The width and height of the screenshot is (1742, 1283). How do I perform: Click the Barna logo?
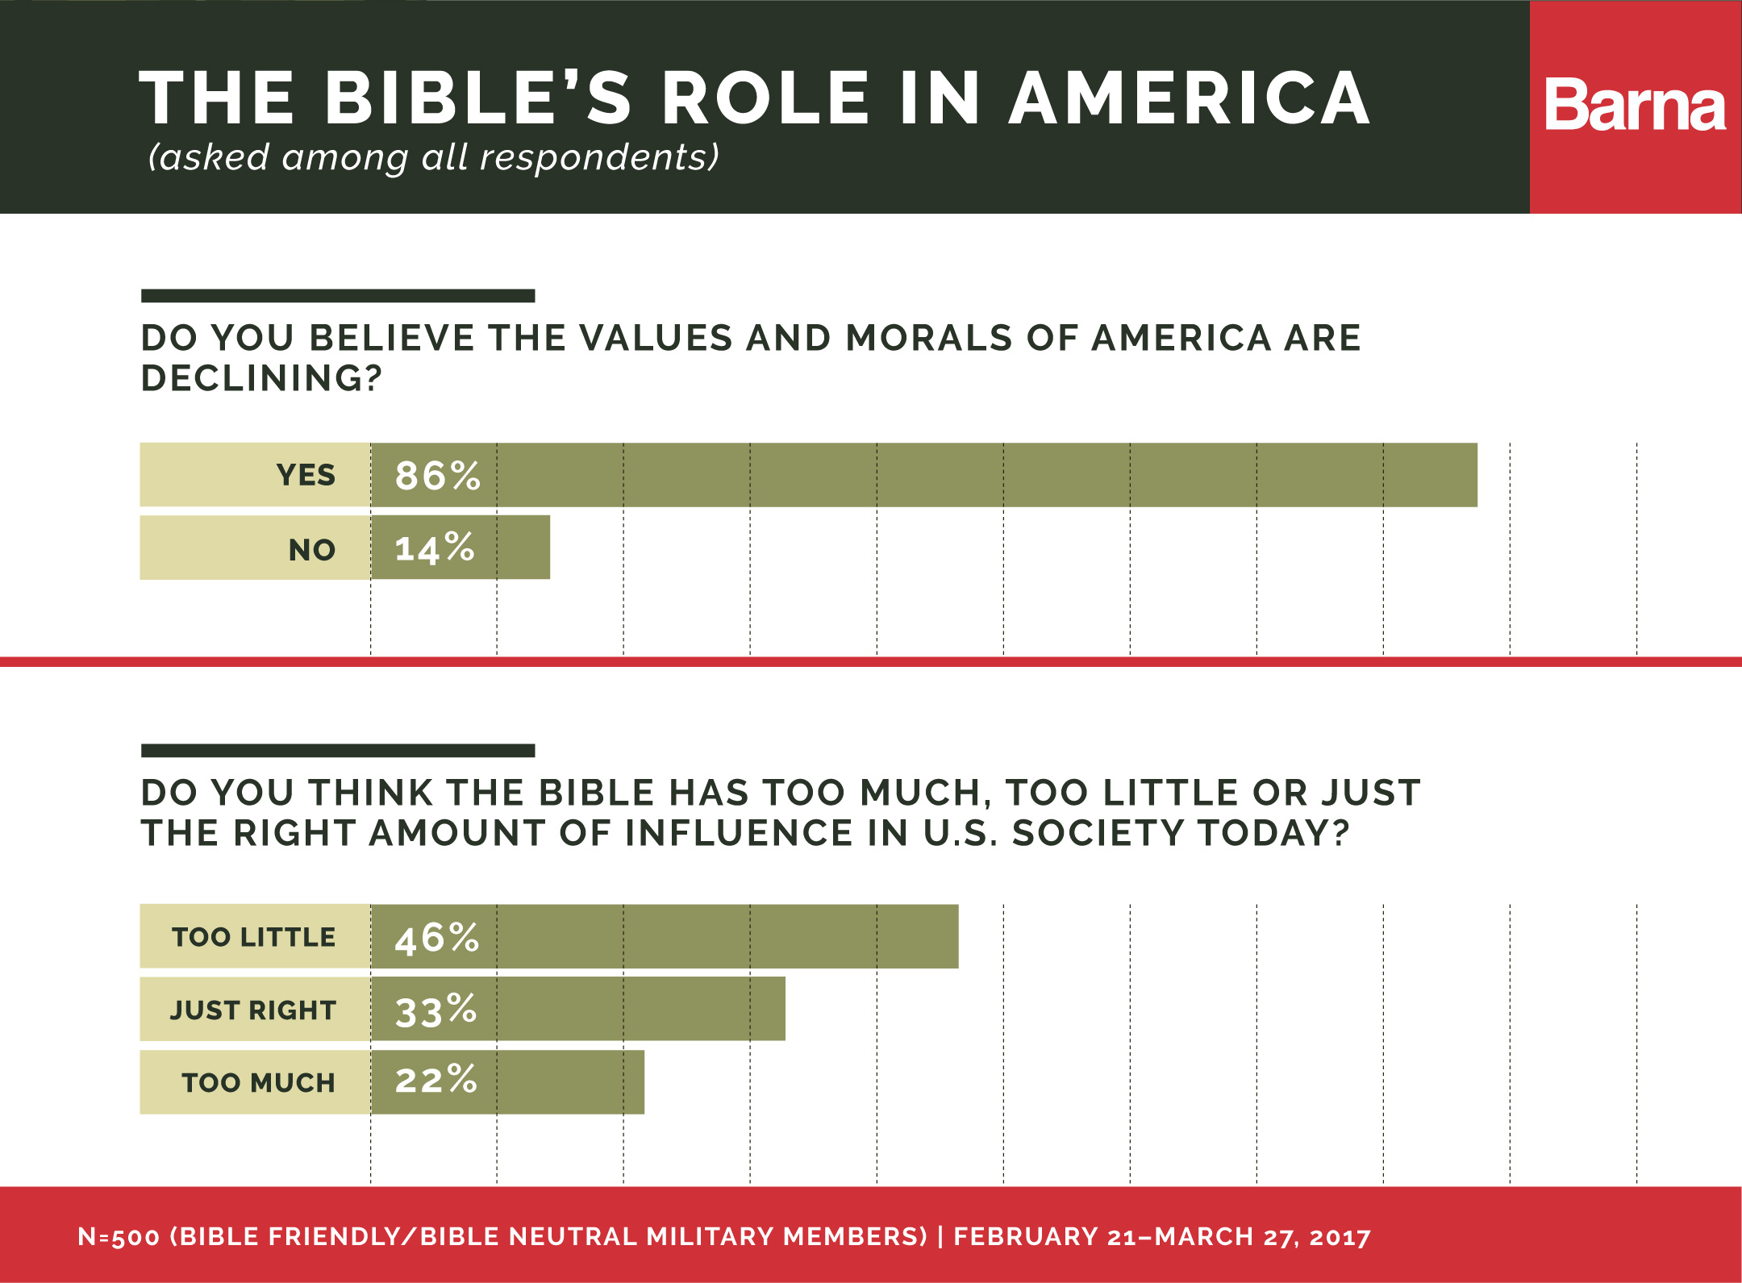click(x=1635, y=106)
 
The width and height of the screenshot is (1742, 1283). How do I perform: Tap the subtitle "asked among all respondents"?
click(x=433, y=156)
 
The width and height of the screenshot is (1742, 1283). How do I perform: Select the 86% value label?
click(x=437, y=476)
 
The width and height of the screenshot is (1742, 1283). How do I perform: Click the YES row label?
click(x=306, y=476)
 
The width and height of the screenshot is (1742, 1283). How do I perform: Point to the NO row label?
click(x=312, y=550)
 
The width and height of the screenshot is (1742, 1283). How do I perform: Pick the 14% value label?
click(x=434, y=548)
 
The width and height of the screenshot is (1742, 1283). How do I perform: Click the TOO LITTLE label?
click(x=253, y=937)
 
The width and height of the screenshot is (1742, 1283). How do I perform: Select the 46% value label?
click(x=436, y=938)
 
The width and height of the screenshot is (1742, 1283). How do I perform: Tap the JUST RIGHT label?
click(x=252, y=1010)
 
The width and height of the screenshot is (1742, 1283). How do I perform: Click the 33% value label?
click(x=435, y=1010)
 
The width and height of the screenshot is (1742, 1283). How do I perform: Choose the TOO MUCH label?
click(x=258, y=1083)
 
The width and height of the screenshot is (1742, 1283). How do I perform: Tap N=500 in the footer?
click(x=119, y=1237)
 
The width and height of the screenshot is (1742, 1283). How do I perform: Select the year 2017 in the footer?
click(x=1340, y=1237)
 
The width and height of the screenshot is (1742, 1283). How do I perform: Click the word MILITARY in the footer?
click(x=710, y=1237)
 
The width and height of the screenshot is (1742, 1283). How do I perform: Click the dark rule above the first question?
click(x=338, y=296)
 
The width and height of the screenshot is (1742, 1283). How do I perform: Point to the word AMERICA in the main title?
click(x=1190, y=98)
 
